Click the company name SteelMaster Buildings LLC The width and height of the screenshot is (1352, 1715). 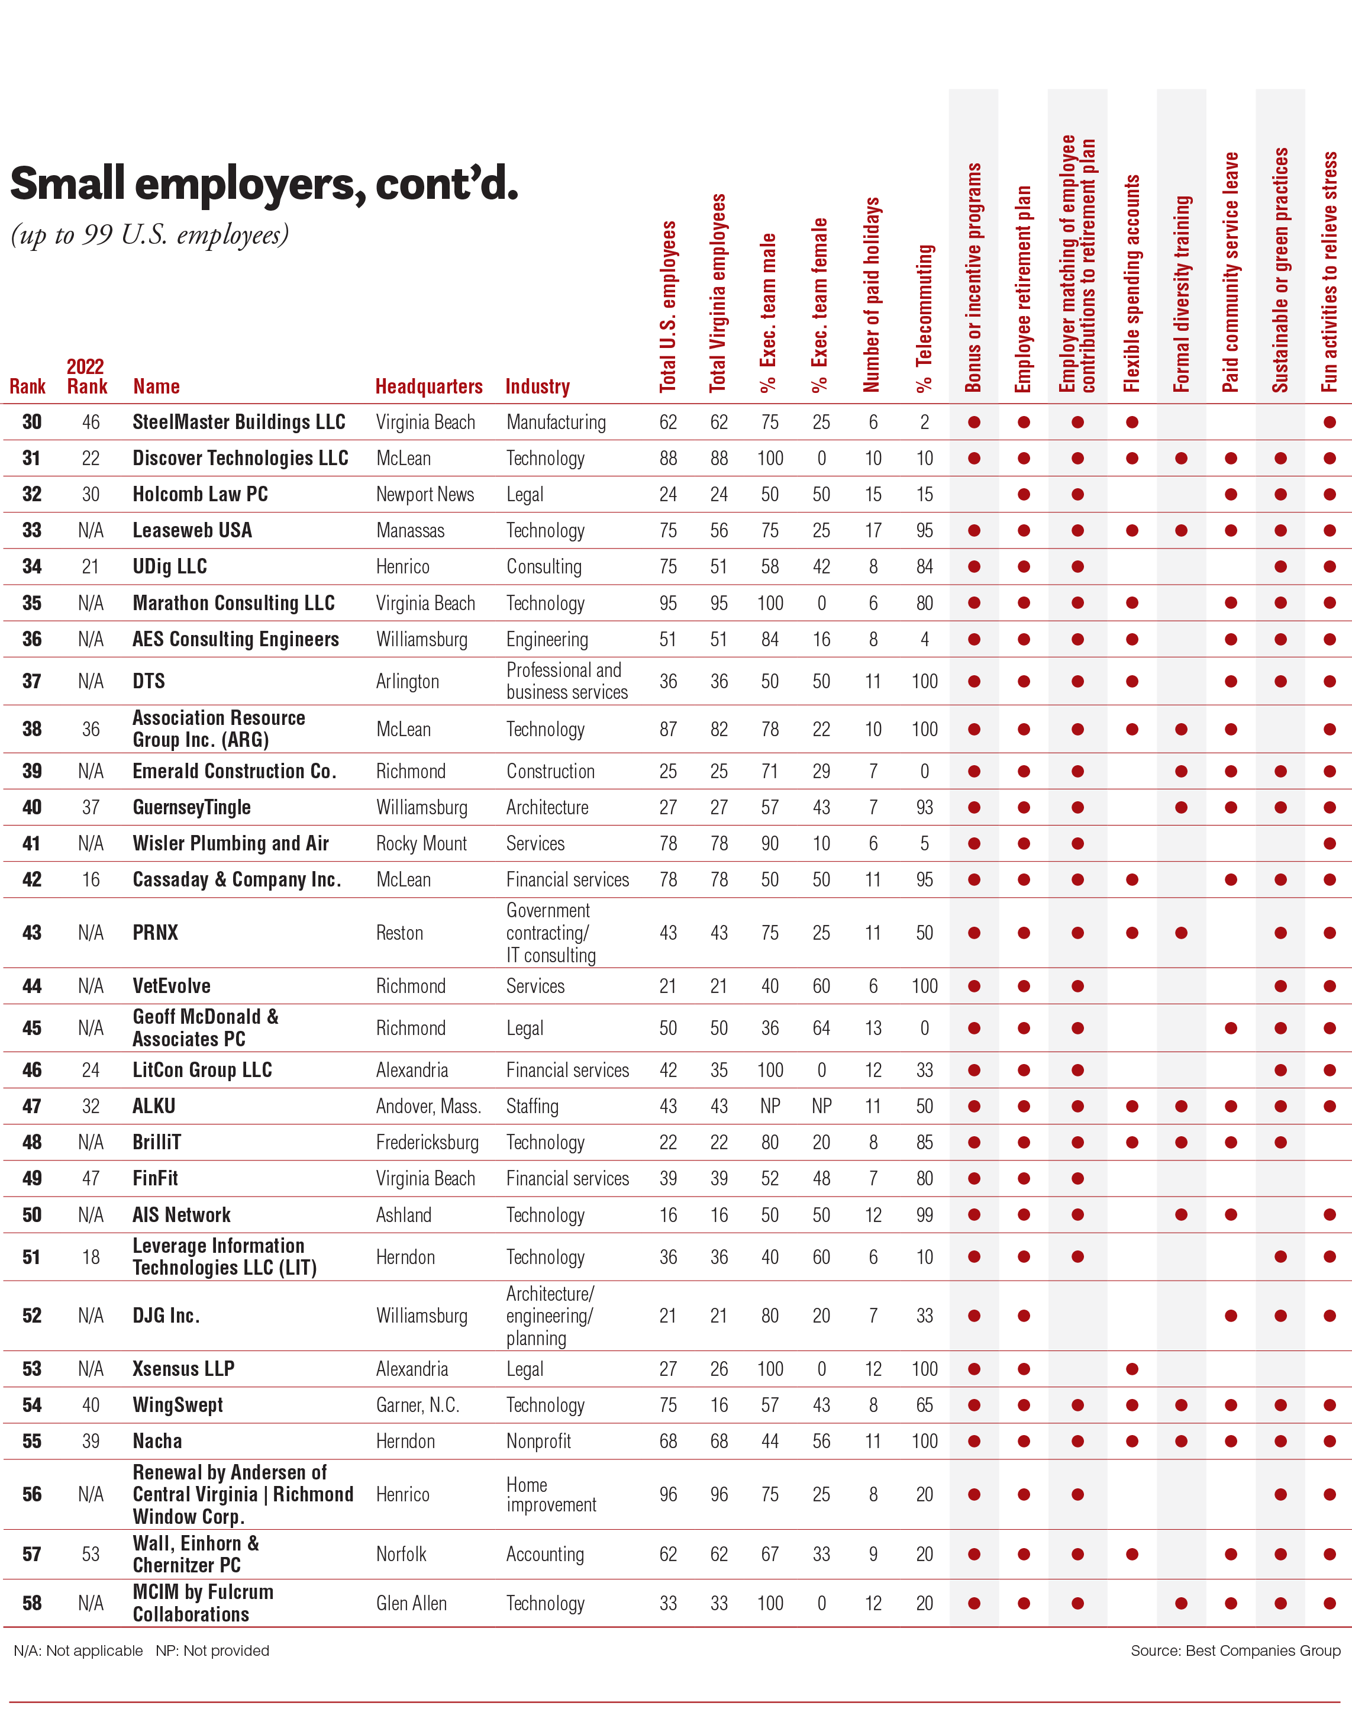(x=238, y=422)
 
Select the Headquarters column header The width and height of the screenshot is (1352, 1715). (x=428, y=386)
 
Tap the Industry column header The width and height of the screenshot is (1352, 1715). (x=537, y=386)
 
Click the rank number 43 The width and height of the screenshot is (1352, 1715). (x=32, y=933)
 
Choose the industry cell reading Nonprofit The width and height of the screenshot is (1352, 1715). (x=538, y=1441)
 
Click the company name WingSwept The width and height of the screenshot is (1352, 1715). (x=178, y=1405)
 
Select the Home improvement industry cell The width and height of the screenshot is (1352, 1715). (x=551, y=1494)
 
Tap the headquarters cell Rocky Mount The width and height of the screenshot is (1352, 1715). (x=421, y=843)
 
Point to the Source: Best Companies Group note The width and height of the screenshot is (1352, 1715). (x=1235, y=1650)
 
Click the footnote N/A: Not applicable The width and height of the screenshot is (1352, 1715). (x=78, y=1650)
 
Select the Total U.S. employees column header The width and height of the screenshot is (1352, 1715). (x=668, y=307)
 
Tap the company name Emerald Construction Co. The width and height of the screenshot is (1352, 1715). (x=234, y=771)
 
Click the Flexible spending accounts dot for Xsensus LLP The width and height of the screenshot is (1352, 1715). (x=1132, y=1369)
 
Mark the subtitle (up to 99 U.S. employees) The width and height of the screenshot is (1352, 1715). (x=150, y=235)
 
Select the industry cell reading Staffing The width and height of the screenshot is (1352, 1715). (x=532, y=1106)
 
